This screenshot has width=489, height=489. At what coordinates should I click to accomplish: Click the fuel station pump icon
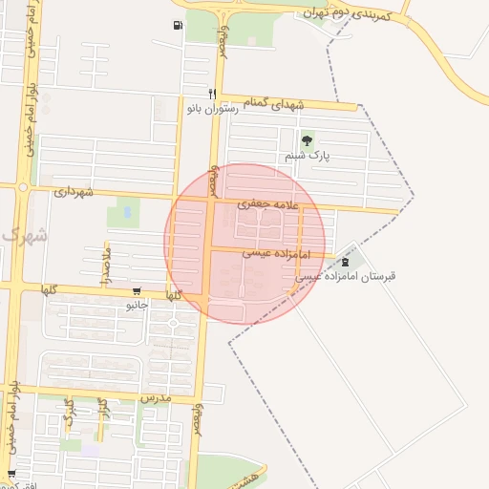179,25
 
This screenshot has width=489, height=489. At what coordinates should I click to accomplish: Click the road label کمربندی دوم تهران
357,14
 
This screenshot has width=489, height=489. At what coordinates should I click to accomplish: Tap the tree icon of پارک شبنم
306,140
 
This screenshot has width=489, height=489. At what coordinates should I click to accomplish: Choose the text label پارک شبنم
305,155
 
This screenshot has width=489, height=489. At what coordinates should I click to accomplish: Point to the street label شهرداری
74,192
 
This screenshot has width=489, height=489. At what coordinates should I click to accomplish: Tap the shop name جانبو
138,306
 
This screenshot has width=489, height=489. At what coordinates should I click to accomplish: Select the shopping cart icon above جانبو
138,292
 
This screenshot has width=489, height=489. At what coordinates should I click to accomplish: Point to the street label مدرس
155,395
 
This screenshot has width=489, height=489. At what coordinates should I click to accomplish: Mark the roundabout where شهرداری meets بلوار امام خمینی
22,187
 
